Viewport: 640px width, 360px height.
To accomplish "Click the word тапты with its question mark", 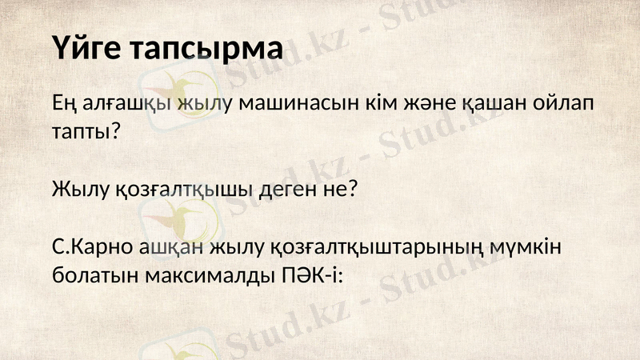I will tap(86, 132).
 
